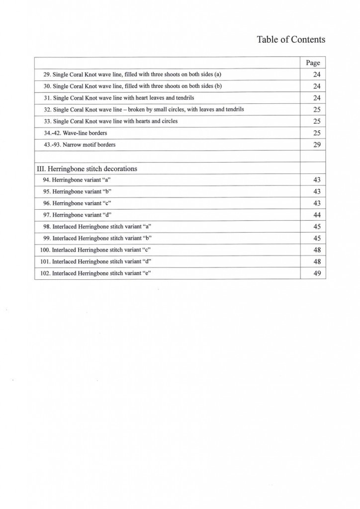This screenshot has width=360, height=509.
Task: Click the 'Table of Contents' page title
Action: pyautogui.click(x=291, y=40)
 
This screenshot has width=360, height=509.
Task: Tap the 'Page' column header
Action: pyautogui.click(x=313, y=63)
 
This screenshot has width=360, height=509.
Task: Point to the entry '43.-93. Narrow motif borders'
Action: pyautogui.click(x=80, y=145)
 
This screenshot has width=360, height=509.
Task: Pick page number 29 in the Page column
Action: pyautogui.click(x=313, y=145)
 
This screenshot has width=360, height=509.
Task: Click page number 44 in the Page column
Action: pyautogui.click(x=313, y=215)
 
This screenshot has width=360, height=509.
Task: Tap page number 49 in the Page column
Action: pyautogui.click(x=313, y=273)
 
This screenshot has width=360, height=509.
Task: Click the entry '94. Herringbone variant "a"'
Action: pyautogui.click(x=77, y=180)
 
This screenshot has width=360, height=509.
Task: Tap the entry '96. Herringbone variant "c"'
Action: pyautogui.click(x=77, y=203)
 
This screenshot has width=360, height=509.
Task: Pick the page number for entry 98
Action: pyautogui.click(x=313, y=227)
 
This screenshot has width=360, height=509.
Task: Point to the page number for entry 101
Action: pyautogui.click(x=313, y=261)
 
